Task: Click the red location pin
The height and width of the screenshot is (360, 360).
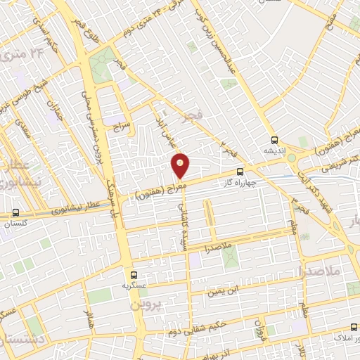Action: click(x=181, y=165)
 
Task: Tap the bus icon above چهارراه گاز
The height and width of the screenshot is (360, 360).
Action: click(x=240, y=171)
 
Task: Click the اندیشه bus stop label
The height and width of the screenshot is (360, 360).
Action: click(x=274, y=150)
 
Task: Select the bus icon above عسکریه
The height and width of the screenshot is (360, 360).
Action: click(x=134, y=275)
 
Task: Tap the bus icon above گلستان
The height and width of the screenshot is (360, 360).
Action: click(x=15, y=212)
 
